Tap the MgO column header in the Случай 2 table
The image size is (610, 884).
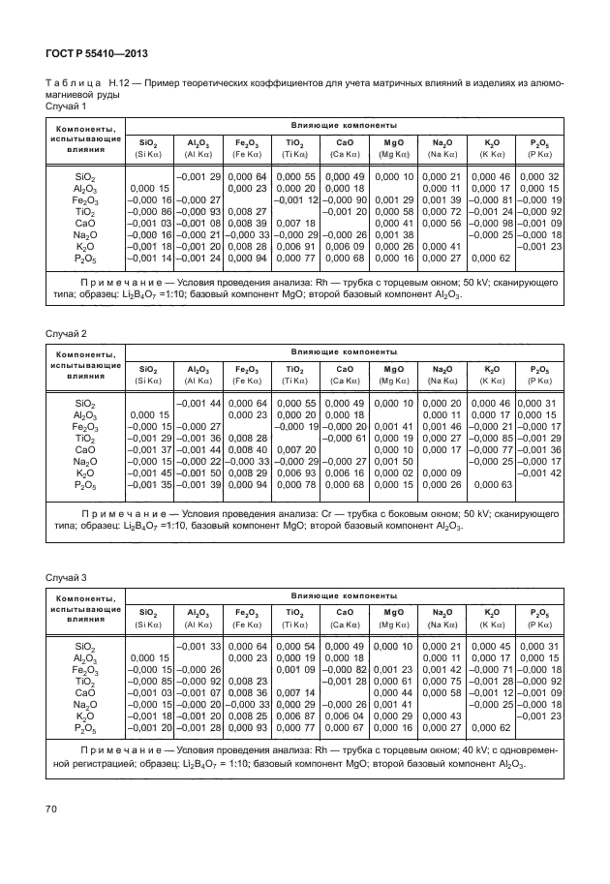[393, 368]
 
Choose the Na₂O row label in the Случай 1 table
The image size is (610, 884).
[85, 235]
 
